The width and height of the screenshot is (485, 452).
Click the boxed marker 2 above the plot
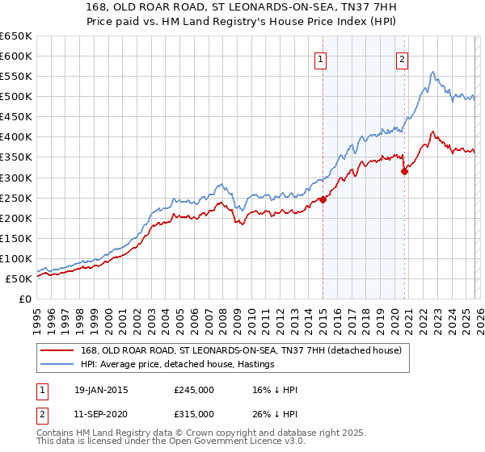[402, 58]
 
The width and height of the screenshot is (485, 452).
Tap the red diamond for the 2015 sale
[323, 199]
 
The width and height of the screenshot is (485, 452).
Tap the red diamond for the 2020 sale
[404, 171]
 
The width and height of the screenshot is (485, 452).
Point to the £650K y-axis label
[17, 36]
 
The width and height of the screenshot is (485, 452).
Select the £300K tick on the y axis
[17, 178]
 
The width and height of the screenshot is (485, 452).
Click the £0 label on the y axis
[24, 299]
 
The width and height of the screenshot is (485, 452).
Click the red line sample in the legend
[58, 350]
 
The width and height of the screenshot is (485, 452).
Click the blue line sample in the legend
[58, 364]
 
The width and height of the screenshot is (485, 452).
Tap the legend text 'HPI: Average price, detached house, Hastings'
[178, 364]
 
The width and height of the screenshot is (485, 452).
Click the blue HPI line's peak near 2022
[433, 72]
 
